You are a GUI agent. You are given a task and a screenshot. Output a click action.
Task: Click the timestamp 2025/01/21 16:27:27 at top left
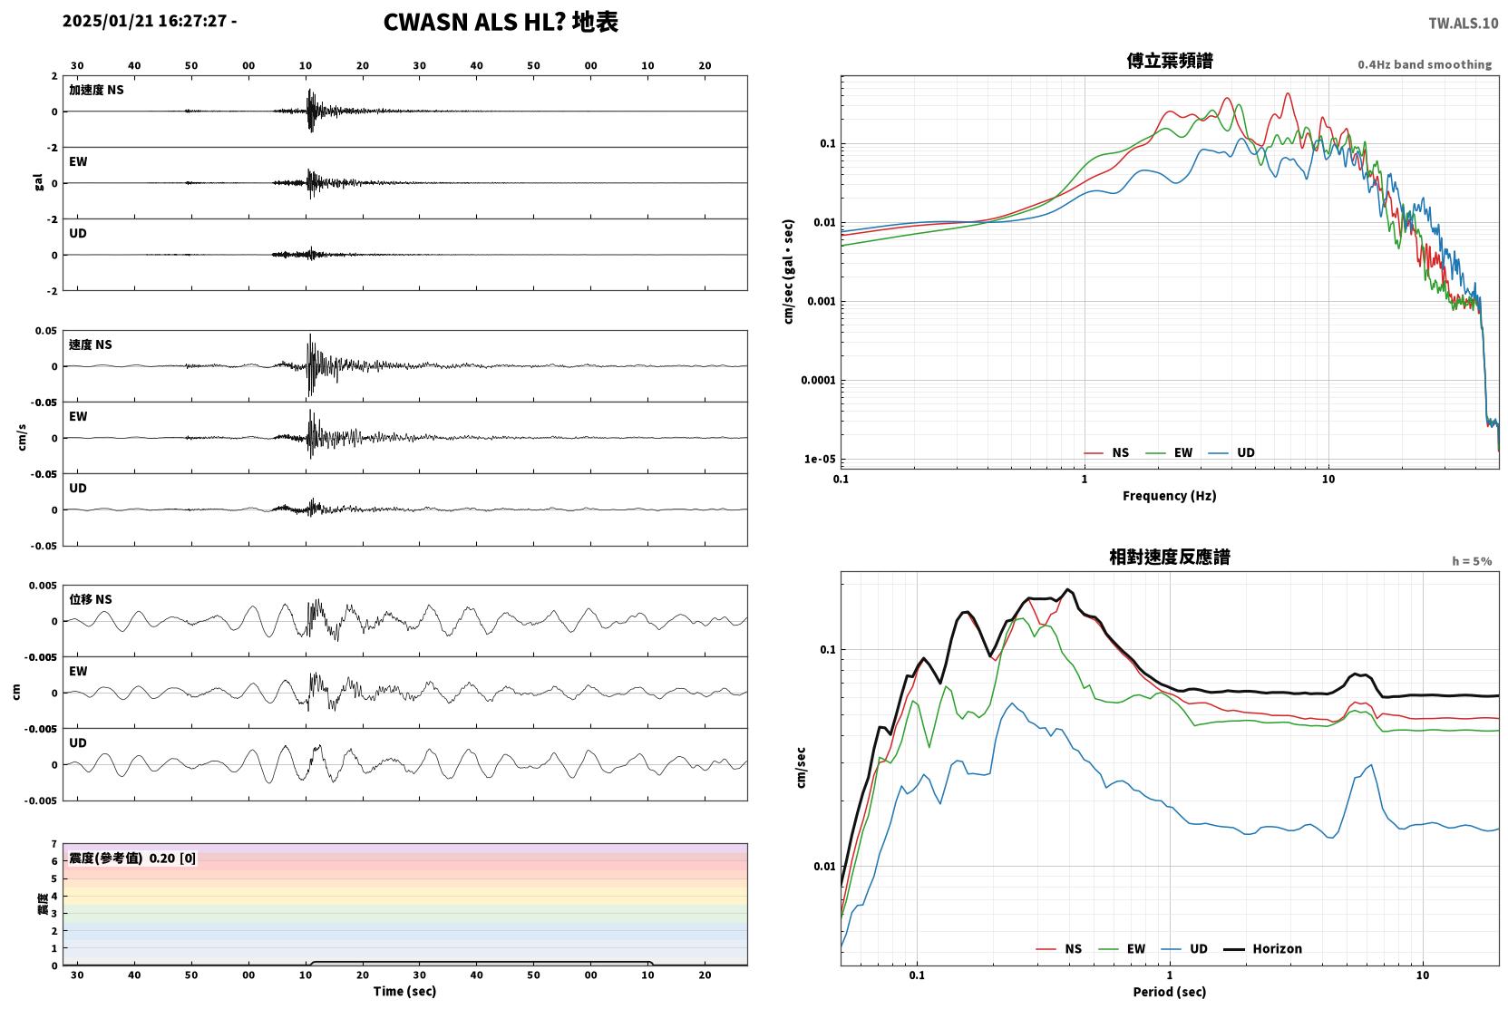145,21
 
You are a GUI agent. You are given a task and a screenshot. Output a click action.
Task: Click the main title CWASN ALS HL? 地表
501,23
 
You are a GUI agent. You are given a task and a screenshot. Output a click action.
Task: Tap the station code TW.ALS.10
1463,24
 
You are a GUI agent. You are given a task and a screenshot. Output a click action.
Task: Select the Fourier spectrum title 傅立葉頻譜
1170,62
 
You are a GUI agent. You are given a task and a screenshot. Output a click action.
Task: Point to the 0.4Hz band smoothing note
1425,64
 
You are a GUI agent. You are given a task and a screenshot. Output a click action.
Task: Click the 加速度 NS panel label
96,90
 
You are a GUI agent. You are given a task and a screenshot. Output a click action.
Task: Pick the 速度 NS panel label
90,344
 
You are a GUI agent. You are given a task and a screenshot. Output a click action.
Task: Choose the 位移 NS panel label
90,599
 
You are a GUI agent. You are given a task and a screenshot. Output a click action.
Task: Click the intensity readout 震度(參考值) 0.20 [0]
132,859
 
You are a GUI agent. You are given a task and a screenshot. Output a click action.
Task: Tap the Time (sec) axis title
404,991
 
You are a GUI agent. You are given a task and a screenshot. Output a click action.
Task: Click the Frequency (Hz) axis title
1170,496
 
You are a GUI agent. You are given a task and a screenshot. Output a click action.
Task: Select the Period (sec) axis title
1170,992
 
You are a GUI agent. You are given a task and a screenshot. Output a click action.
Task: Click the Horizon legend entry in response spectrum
1263,949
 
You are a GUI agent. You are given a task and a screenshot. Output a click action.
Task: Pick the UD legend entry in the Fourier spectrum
1231,453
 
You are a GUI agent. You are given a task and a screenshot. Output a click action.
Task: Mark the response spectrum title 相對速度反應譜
1170,557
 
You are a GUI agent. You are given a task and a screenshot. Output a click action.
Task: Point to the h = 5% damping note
1472,561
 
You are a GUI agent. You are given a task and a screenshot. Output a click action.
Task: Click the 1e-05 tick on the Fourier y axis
820,459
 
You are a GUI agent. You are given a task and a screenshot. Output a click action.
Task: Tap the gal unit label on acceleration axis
38,182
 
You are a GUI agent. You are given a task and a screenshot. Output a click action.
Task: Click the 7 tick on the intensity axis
54,844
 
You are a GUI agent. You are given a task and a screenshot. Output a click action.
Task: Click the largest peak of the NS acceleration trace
309,90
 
